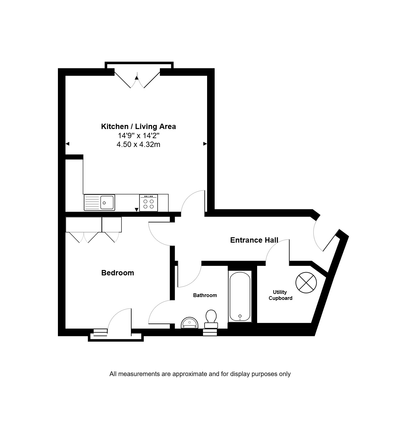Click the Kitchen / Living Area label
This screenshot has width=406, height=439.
pos(138,127)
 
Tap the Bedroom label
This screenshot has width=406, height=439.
pos(118,273)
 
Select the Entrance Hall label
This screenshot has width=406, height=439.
pos(254,240)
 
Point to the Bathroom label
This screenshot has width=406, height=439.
pos(205,295)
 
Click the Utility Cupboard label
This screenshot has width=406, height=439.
pos(280,295)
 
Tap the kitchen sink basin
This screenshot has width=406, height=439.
pos(107,202)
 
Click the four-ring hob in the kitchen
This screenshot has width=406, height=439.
pos(149,203)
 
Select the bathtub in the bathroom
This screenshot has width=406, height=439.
pos(240,296)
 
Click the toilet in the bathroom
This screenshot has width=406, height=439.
pos(211,319)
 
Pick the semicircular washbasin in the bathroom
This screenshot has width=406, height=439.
pos(189,323)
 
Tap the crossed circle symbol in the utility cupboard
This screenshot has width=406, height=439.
pos(306,283)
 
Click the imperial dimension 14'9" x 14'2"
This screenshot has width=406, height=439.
pos(138,136)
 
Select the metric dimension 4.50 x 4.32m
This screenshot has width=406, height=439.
pos(138,144)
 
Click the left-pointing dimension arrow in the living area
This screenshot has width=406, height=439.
pos(67,144)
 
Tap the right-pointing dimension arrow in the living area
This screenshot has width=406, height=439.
pos(205,144)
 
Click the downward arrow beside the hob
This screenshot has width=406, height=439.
pos(137,210)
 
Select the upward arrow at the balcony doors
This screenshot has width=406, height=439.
pos(137,78)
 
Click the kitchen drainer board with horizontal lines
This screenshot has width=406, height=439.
pos(92,202)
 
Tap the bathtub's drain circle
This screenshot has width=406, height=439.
pos(240,316)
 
